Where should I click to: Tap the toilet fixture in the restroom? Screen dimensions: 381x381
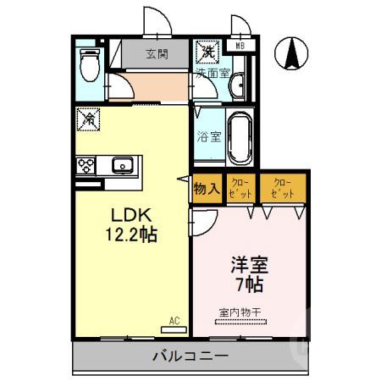pyautogui.click(x=87, y=64)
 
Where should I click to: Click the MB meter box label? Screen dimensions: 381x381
pyautogui.click(x=241, y=47)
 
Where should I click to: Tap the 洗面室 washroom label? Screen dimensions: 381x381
pyautogui.click(x=212, y=73)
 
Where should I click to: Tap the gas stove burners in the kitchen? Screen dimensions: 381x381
pyautogui.click(x=86, y=165)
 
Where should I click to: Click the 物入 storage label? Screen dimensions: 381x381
pyautogui.click(x=207, y=189)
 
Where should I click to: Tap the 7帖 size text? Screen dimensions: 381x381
pyautogui.click(x=248, y=283)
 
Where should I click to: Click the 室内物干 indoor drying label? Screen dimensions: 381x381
pyautogui.click(x=240, y=312)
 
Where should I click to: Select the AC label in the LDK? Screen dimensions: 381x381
pyautogui.click(x=174, y=321)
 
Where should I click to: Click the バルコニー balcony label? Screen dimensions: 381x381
pyautogui.click(x=190, y=356)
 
